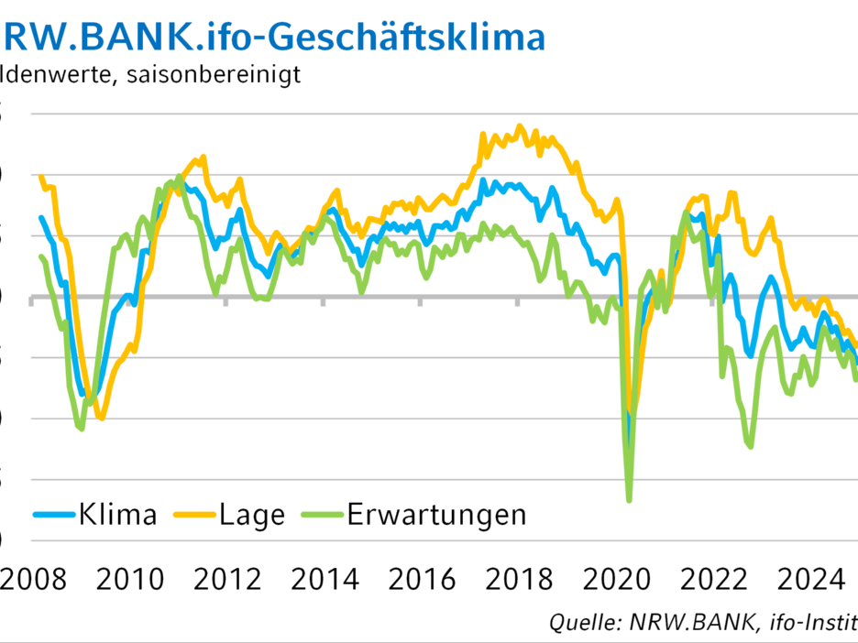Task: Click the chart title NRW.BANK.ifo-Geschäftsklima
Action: point(275,37)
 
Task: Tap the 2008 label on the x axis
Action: point(33,579)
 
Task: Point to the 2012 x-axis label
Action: point(228,579)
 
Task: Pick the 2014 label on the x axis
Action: point(325,579)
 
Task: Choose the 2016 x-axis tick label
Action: point(423,579)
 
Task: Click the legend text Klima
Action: point(117,515)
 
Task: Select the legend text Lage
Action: point(252,515)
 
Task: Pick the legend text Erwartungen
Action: point(436,515)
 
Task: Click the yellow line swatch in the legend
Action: point(193,515)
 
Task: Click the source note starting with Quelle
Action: point(702,623)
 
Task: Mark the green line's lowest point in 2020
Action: point(629,500)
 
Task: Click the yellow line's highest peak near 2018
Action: point(520,126)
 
